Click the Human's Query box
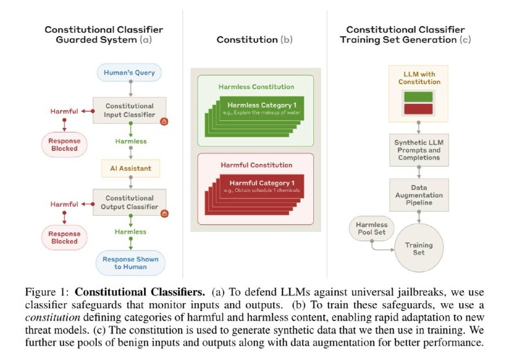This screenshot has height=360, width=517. pos(129,72)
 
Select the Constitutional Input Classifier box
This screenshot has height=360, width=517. pos(129,110)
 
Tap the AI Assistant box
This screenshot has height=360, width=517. pos(131,169)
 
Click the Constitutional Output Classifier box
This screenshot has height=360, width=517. pos(129,202)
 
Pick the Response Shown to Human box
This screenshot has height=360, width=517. pos(131,263)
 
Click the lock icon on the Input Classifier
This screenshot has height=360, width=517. pos(164,122)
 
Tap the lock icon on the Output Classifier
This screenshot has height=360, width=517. pos(164,214)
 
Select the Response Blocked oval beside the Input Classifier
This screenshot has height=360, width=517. pos(64,144)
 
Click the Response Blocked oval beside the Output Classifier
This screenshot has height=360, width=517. pos(64,237)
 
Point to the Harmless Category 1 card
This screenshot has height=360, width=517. pos(262,109)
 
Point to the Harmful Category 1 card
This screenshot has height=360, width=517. pos(262,186)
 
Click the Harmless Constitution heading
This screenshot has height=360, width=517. pos(256,87)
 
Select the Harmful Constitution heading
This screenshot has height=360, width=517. pos(256,165)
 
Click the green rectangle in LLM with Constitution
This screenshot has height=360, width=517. pos(418,97)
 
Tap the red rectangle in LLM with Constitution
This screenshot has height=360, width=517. pos(418,109)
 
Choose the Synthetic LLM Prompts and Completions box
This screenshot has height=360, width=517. pos(419,150)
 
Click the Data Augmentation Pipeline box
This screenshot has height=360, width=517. pos(419,195)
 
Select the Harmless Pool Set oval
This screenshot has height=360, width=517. pos(372,228)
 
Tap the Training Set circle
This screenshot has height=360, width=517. pos(419,248)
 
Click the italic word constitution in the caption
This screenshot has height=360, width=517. pos(52,317)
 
